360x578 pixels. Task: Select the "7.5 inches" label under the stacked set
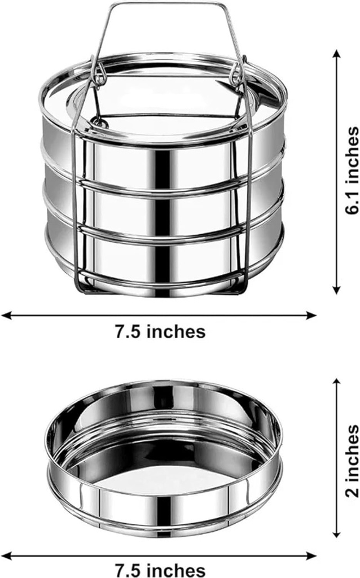[160, 331]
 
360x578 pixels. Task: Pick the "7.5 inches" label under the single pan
[160, 569]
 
